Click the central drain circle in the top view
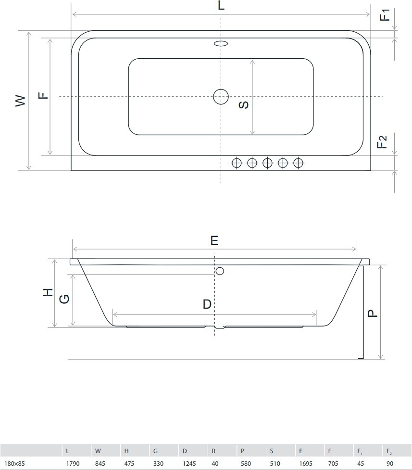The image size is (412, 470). (221, 96)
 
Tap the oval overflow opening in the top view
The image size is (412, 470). (221, 43)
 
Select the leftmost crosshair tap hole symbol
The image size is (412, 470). (237, 163)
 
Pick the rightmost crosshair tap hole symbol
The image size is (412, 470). (299, 163)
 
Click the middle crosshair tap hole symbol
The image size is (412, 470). (267, 163)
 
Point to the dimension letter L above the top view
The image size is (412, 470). (221, 5)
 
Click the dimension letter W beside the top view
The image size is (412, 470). (20, 101)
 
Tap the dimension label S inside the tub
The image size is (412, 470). (244, 104)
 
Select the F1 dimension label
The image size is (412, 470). (385, 14)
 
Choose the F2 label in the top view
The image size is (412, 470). (382, 142)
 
